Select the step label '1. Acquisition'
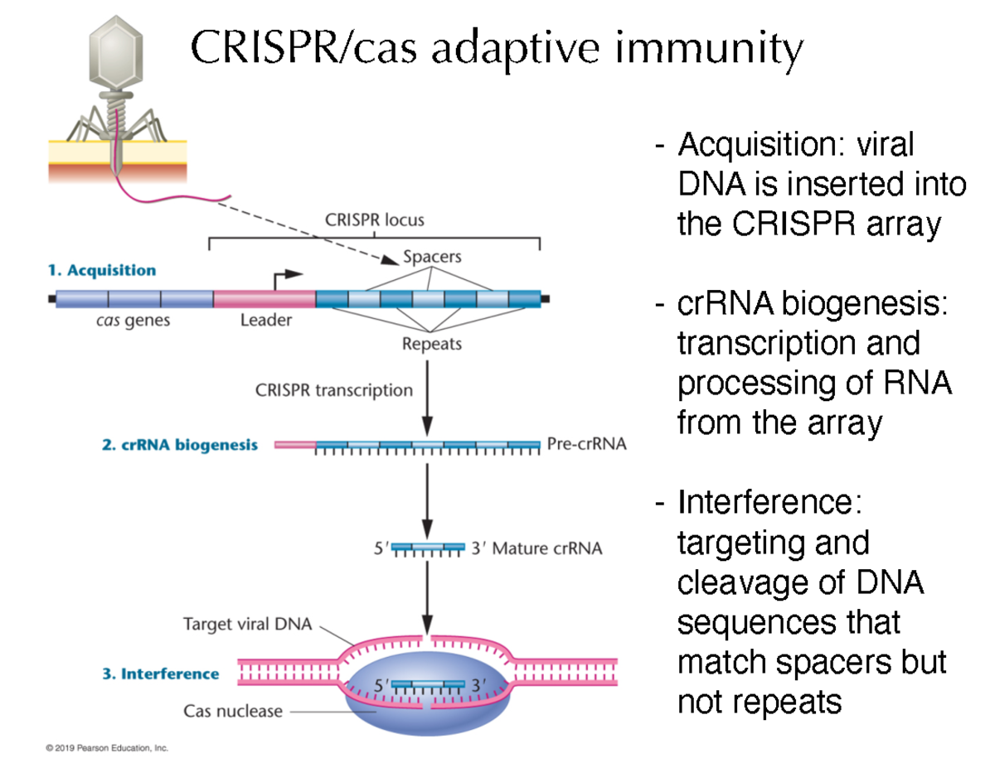tap(101, 270)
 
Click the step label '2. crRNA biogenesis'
tap(179, 445)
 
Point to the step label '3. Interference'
tap(161, 674)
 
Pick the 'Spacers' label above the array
tap(431, 257)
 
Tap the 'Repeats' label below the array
tap(430, 343)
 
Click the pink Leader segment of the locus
tap(264, 299)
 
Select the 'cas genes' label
tap(133, 320)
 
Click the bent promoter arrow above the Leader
tap(286, 277)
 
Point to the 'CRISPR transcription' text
tap(333, 389)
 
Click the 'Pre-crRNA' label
tap(586, 445)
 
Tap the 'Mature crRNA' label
tap(547, 548)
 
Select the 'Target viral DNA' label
tap(247, 625)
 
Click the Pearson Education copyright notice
tap(107, 748)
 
